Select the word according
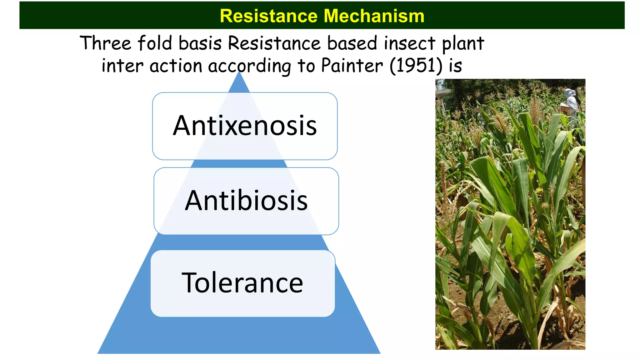pos(249,67)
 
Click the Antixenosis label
pos(245,126)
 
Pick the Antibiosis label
pos(246,201)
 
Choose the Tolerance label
pos(242,283)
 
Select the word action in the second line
pos(176,66)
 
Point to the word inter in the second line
pos(122,66)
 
